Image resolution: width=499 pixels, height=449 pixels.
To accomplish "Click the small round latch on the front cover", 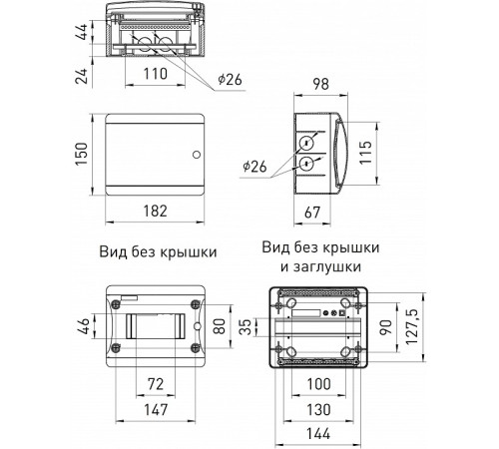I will (x=195, y=156).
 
